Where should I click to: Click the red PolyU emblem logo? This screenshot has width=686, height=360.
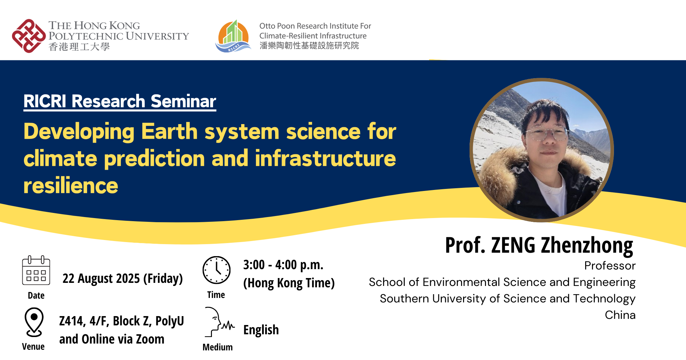coord(29,36)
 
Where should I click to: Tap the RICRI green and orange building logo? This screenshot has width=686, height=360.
coord(233,36)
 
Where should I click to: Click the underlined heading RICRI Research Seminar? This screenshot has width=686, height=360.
coord(120,101)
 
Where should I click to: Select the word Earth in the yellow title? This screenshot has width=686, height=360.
coord(169,131)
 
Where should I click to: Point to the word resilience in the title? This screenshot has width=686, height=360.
coord(71,185)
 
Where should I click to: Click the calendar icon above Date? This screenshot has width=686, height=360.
coord(36,271)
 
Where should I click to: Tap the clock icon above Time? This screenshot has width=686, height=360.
coord(216,270)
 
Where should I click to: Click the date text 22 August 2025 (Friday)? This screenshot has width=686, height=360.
coord(122,278)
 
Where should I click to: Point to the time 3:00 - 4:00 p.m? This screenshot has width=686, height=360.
coord(283,265)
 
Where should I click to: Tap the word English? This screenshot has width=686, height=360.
coord(261,330)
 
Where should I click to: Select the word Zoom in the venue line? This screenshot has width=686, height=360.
coord(150,339)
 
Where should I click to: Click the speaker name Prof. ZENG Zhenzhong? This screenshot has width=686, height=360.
coord(539,245)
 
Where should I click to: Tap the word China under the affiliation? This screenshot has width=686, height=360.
coord(620,315)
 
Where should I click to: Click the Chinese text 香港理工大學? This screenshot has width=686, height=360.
coord(79,47)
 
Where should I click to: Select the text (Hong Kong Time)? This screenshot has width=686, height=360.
coord(289,283)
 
